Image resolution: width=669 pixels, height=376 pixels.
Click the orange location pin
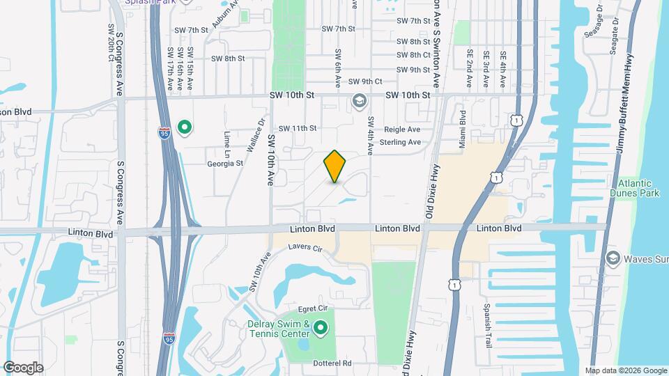pyautogui.click(x=335, y=166)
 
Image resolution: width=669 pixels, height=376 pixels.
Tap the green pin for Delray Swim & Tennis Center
pyautogui.click(x=321, y=327)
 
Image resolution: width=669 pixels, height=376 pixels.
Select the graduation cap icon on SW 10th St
pyautogui.click(x=359, y=102)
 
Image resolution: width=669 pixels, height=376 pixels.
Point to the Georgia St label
pyautogui.click(x=224, y=164)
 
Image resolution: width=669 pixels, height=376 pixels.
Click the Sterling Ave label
pyautogui.click(x=401, y=142)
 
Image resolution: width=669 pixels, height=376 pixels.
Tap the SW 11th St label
pyautogui.click(x=298, y=128)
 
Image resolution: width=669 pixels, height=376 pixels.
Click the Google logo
pyautogui.click(x=23, y=367)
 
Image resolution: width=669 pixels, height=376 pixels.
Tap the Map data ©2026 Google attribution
pyautogui.click(x=624, y=370)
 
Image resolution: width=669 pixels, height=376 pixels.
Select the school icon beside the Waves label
pyautogui.click(x=613, y=258)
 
